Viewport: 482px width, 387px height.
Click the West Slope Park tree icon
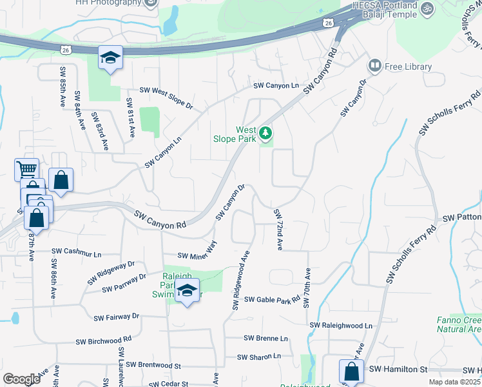(266, 134)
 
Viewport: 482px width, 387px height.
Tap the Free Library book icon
(374, 66)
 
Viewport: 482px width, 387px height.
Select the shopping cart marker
(26, 170)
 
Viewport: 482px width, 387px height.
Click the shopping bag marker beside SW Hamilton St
(351, 372)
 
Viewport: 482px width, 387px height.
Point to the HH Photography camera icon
(151, 3)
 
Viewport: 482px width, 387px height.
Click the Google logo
(21, 379)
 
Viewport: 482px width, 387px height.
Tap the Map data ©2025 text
(455, 382)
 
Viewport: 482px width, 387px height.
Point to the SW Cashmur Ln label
(77, 251)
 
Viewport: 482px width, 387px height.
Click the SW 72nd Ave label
(278, 230)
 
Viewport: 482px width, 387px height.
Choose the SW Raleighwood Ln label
(341, 326)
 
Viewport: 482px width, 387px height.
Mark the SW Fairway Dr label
(116, 317)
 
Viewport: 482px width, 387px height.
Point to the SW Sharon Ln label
(259, 356)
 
